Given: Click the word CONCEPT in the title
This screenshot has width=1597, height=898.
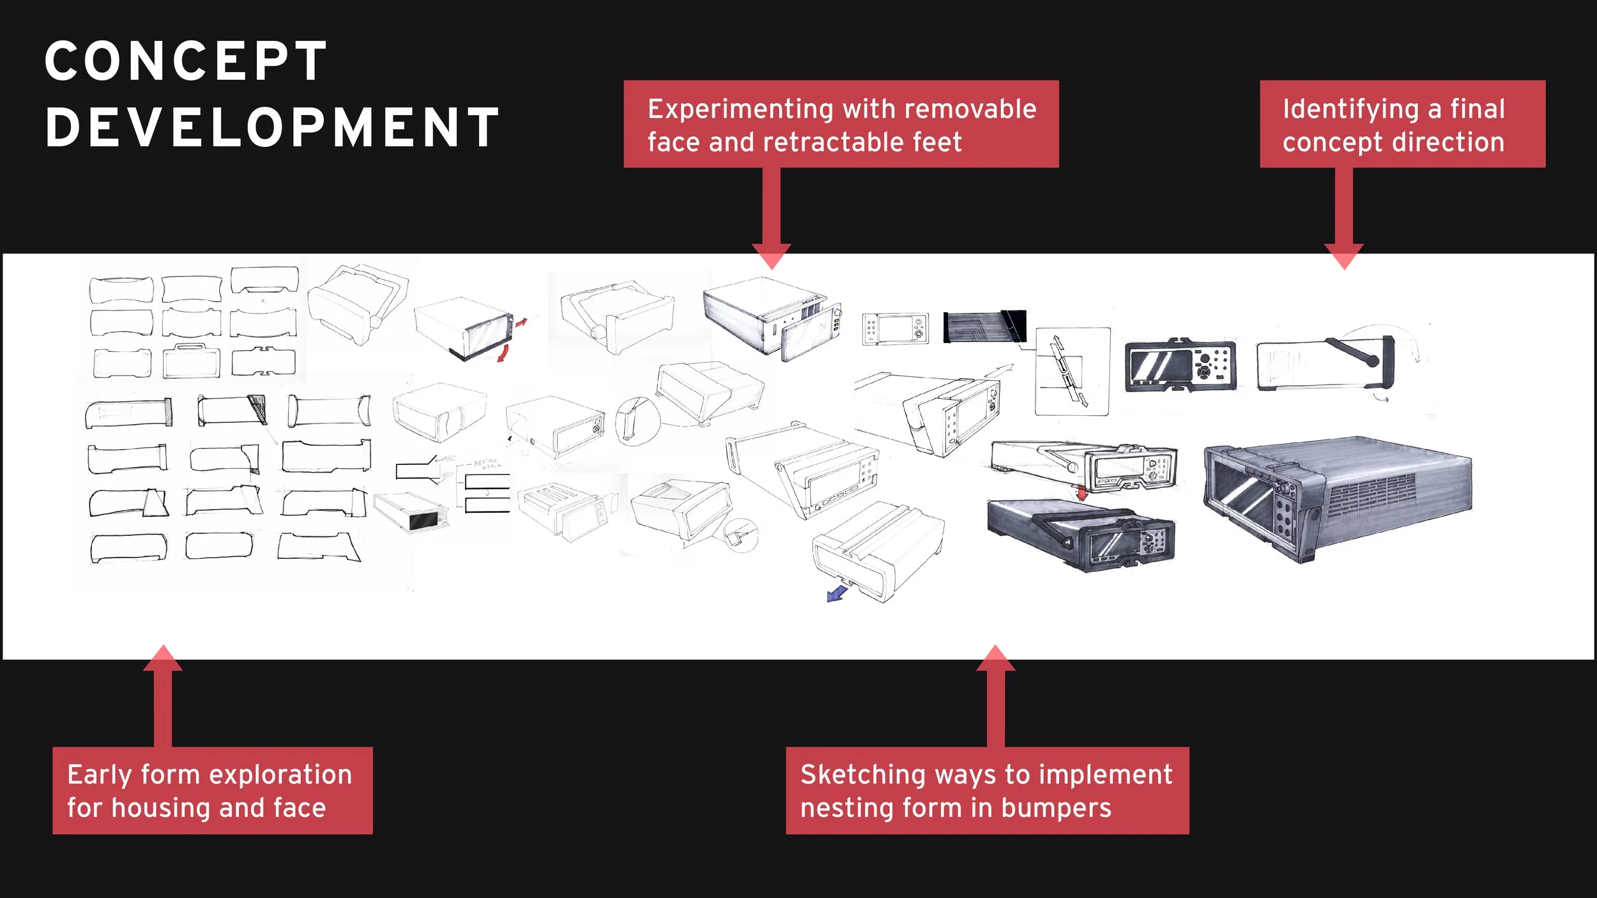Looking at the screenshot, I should (x=186, y=61).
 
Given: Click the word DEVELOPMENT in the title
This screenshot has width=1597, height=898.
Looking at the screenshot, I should (x=272, y=128).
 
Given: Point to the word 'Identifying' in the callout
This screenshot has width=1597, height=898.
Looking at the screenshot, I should (x=1350, y=110).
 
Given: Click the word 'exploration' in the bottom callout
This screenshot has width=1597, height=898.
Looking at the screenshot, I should (x=280, y=775).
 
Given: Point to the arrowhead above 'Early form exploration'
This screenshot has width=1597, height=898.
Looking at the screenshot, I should (x=163, y=658).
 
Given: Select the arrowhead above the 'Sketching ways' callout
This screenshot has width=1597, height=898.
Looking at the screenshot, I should (x=995, y=658).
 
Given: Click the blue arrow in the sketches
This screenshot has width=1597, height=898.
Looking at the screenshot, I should (x=836, y=594).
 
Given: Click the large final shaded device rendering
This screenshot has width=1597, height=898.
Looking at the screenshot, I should (x=1335, y=498).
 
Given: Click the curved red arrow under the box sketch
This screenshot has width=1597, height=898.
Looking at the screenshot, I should (x=504, y=353).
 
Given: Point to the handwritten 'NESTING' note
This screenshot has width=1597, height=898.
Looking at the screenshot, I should (x=485, y=461).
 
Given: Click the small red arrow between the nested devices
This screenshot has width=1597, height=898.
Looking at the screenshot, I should (x=1081, y=493).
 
